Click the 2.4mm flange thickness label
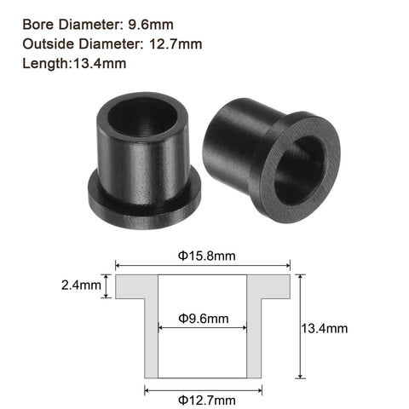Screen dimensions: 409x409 point(79,286)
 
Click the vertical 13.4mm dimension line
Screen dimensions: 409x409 point(299,327)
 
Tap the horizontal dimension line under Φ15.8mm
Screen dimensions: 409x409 point(204,265)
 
